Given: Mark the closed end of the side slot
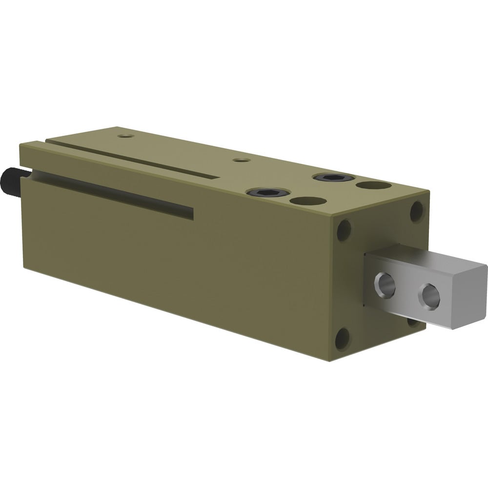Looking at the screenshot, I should tap(192, 213).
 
